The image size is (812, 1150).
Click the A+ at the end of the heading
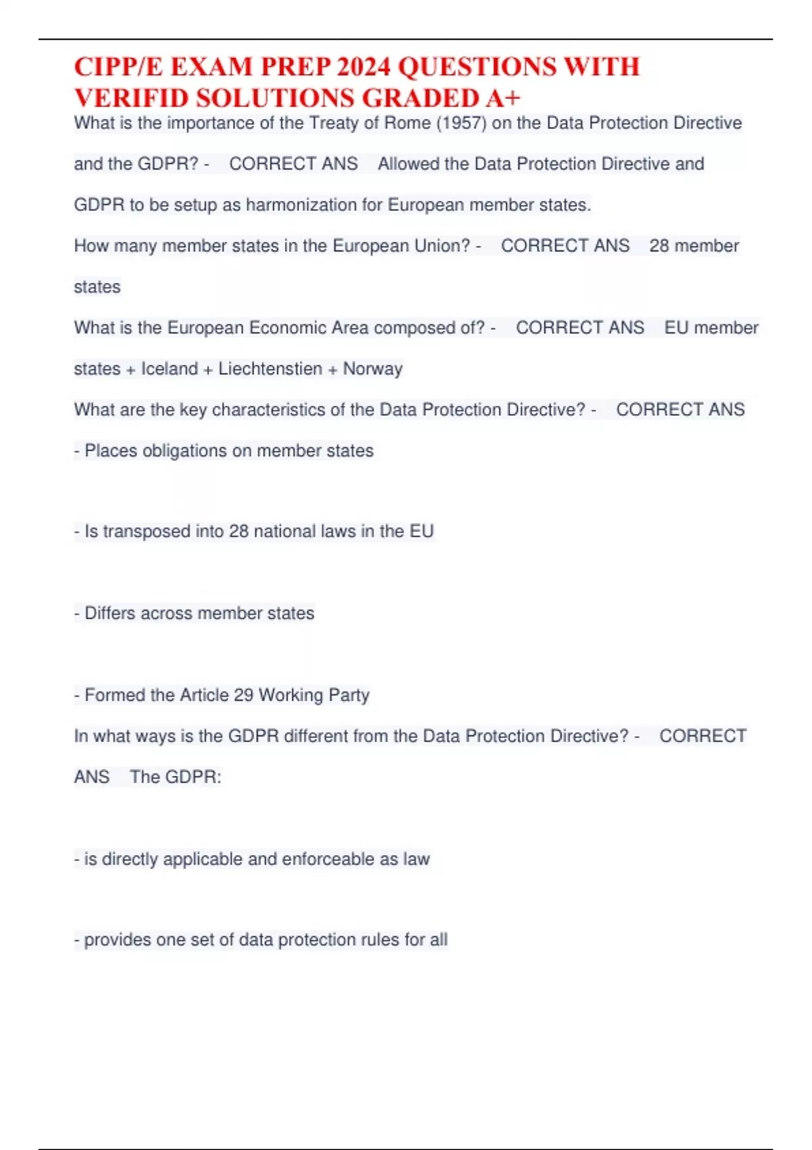click(503, 99)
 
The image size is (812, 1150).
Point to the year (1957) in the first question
click(462, 123)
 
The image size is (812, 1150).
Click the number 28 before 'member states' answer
click(659, 246)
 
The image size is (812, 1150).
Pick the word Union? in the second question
click(443, 246)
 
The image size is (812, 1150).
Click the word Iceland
click(169, 369)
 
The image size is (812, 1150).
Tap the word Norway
click(372, 369)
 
